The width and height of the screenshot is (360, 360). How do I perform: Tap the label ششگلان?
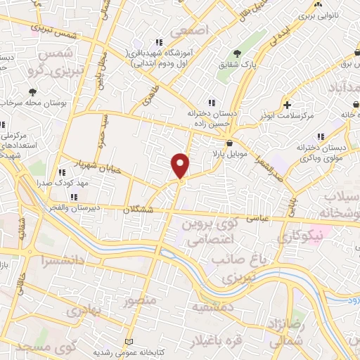137,210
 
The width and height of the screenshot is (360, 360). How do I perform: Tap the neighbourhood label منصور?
137,302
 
